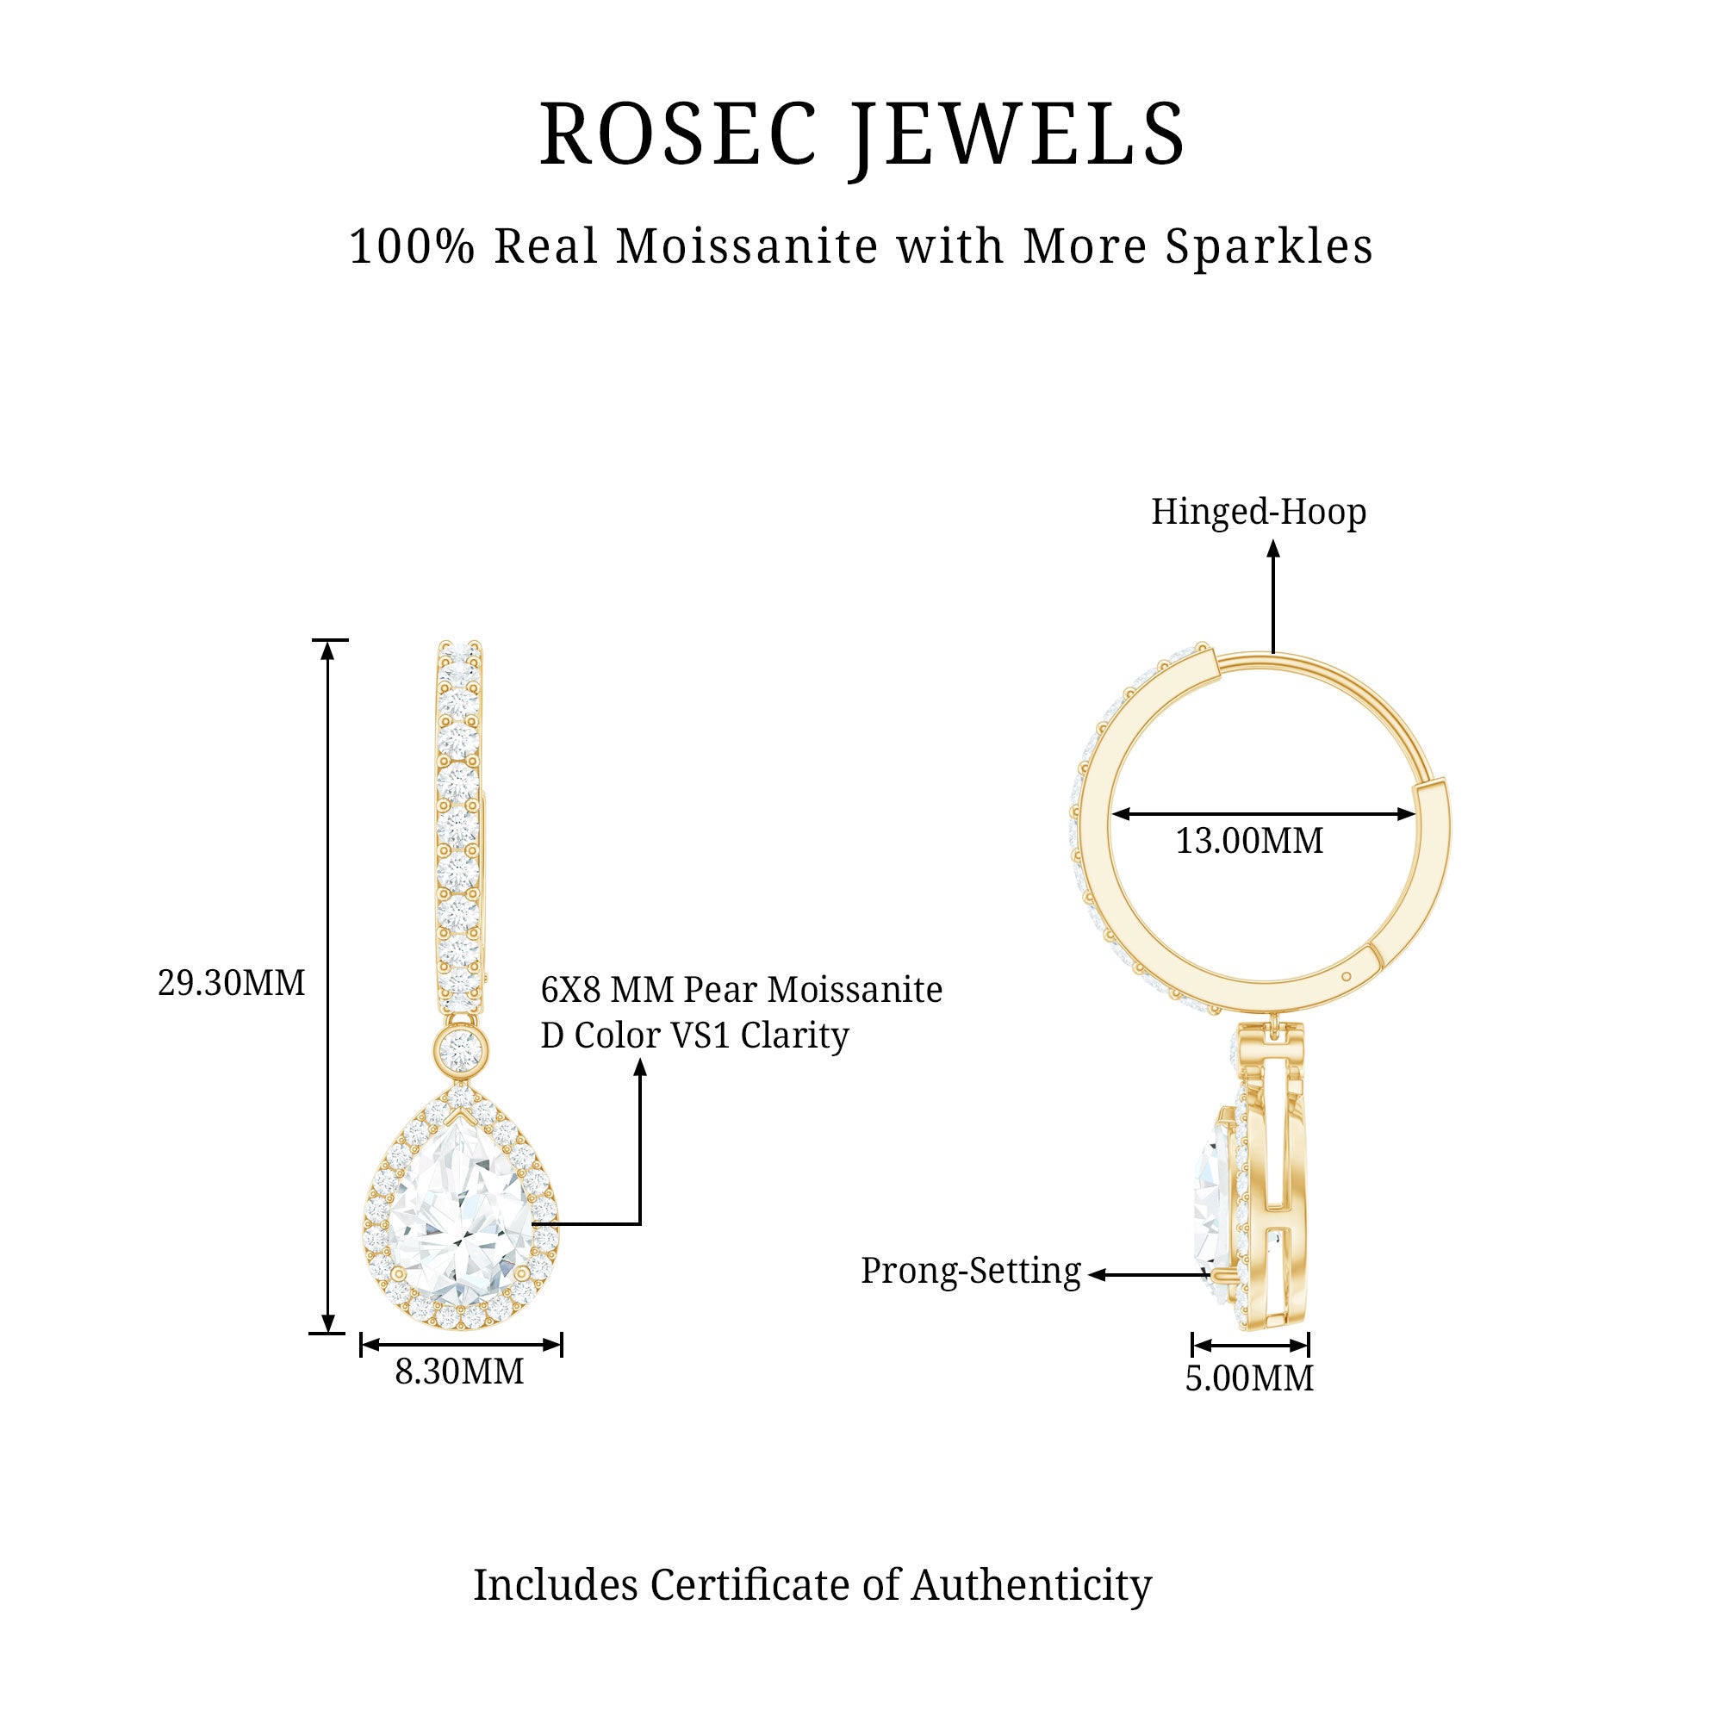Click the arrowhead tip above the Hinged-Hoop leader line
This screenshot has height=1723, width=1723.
coord(1273,542)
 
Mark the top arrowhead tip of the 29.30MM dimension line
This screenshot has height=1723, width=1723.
coord(328,641)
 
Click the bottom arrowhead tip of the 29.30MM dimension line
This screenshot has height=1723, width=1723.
coord(328,1334)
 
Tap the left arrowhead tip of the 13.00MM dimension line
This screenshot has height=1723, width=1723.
coord(1112,813)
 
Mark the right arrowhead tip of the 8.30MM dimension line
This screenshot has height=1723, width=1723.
coord(561,1345)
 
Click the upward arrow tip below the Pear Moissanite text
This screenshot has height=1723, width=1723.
coord(639,1059)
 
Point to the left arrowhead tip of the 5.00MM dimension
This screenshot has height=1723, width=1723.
coord(1193,1345)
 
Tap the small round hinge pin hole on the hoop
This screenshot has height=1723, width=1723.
coord(1346,976)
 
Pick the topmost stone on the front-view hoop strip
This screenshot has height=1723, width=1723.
coord(460,650)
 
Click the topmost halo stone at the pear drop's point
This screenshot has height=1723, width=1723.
coord(460,1093)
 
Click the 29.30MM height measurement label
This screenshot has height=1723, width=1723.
coord(231,983)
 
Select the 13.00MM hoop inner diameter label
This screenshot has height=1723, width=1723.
coord(1248,841)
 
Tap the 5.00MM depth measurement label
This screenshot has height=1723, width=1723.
coord(1248,1378)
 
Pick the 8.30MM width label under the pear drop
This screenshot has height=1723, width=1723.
coord(459,1372)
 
